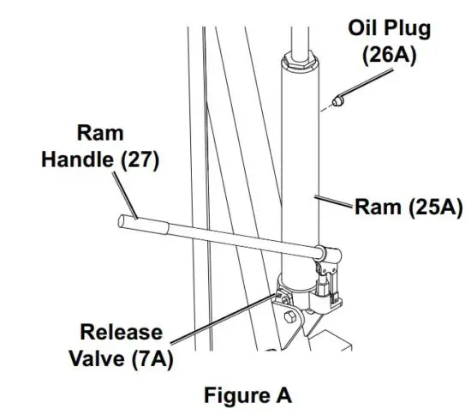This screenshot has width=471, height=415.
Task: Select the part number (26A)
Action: [390, 55]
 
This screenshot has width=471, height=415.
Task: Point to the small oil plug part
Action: [340, 102]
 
